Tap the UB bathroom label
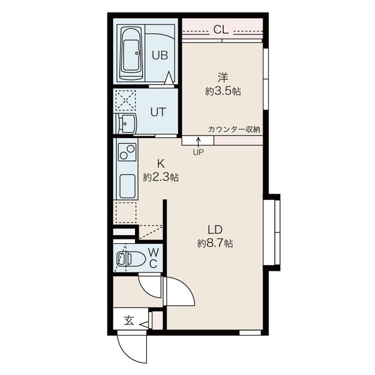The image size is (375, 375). (160, 55)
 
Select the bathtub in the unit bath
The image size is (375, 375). (131, 54)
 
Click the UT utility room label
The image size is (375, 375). (158, 112)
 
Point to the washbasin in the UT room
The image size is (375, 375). (126, 123)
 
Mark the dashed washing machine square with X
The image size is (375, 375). (126, 100)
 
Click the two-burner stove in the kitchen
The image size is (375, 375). (127, 152)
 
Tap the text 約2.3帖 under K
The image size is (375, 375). (161, 177)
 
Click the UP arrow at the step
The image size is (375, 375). (198, 141)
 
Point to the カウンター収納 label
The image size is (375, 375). (234, 129)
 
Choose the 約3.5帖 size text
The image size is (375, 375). (223, 91)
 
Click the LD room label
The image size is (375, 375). (215, 230)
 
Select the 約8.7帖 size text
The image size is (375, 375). (215, 244)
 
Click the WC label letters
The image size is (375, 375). (153, 257)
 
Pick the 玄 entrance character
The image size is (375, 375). (129, 321)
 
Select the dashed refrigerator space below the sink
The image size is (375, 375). (126, 212)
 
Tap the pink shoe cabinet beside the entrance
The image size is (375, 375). (157, 320)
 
